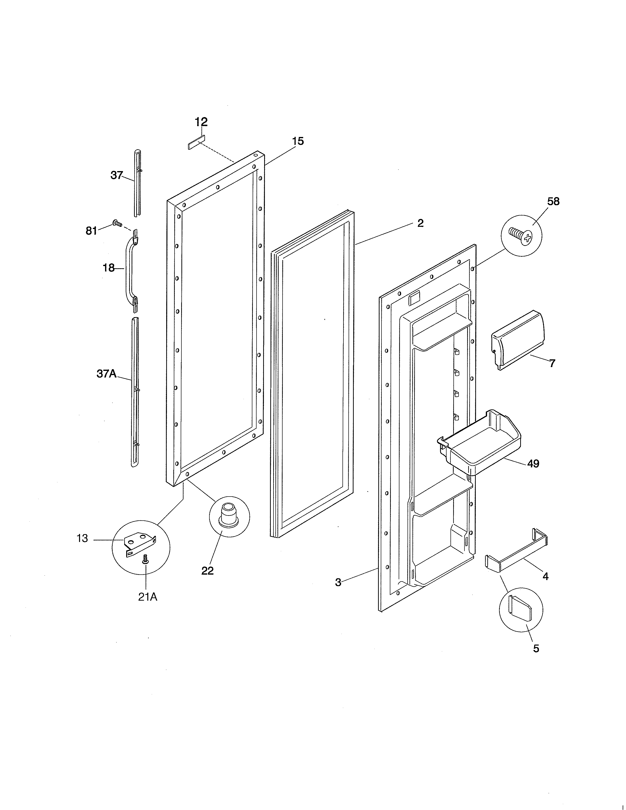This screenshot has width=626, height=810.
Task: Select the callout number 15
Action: coord(298,141)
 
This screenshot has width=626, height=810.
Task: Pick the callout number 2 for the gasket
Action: coord(420,223)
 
